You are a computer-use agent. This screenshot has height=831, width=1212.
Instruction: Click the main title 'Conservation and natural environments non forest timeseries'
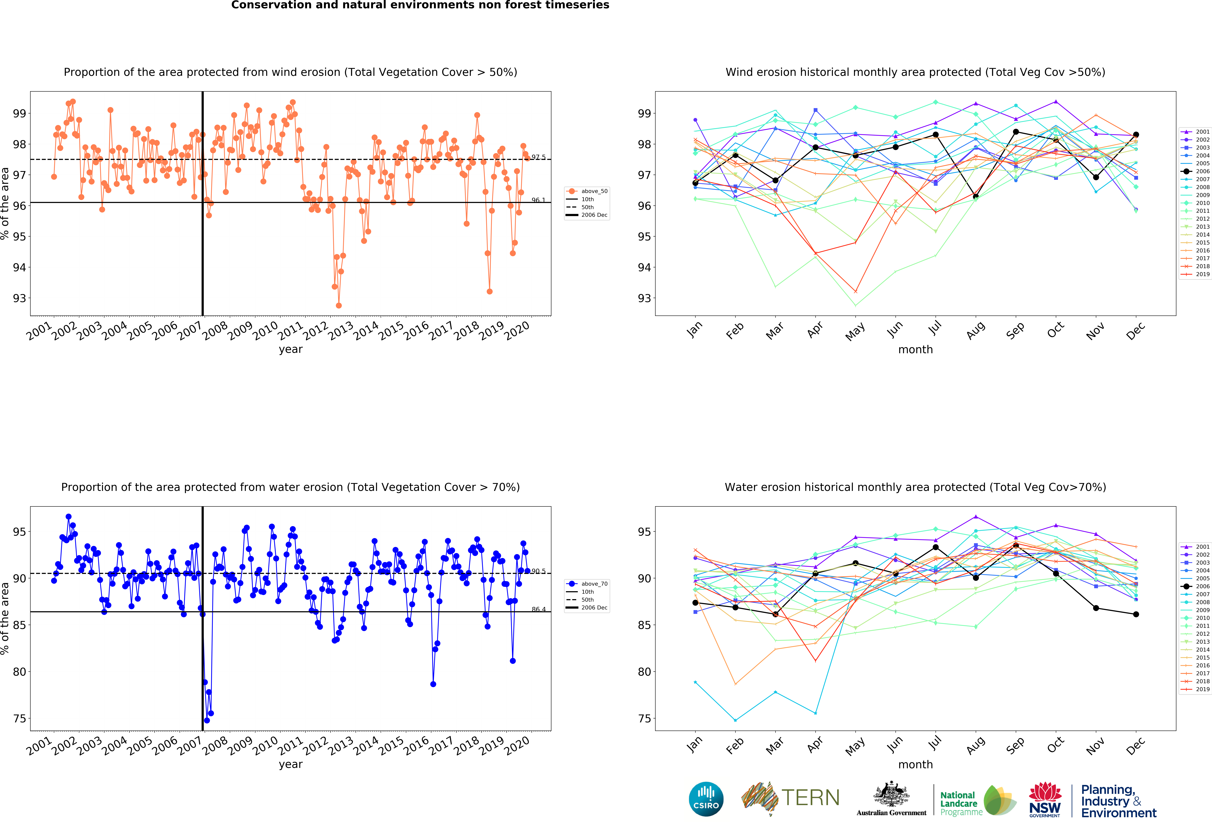(420, 5)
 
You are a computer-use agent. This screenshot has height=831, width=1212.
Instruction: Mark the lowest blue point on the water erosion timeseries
(207, 720)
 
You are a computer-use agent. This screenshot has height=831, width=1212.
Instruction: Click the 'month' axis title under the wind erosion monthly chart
(915, 349)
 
